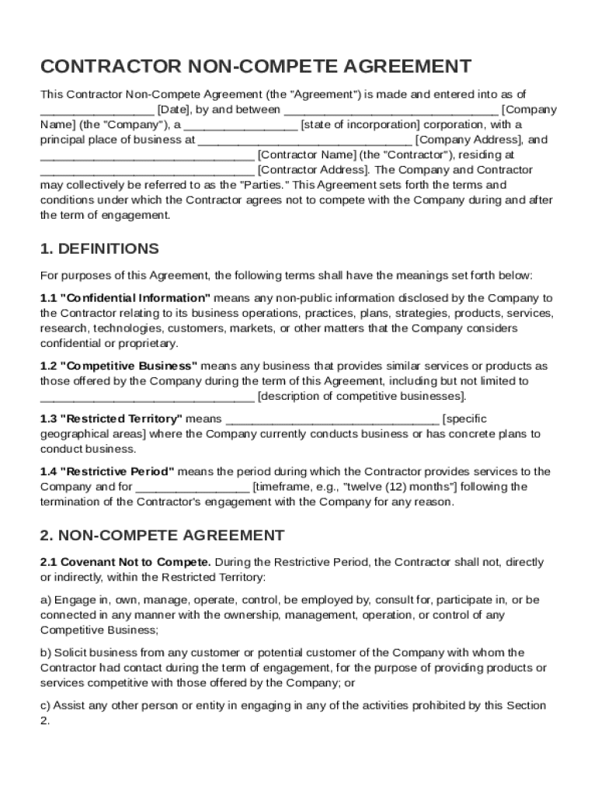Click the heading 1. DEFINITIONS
(x=99, y=249)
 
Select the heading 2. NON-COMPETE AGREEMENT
(x=162, y=536)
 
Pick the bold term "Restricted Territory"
(x=120, y=419)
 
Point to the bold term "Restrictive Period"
(x=116, y=472)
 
